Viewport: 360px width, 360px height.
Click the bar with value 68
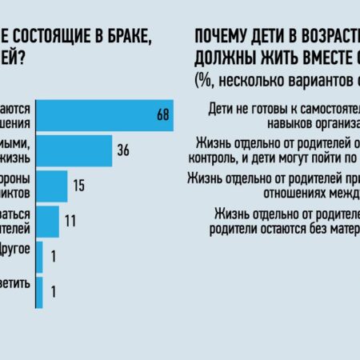104,115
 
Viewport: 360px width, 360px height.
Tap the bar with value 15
52,186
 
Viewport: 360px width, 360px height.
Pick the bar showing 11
48,222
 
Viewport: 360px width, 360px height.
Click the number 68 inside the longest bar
163,115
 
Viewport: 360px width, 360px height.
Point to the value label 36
124,150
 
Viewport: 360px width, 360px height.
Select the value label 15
79,186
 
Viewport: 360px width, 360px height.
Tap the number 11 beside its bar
70,222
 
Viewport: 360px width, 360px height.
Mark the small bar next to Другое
39,257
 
